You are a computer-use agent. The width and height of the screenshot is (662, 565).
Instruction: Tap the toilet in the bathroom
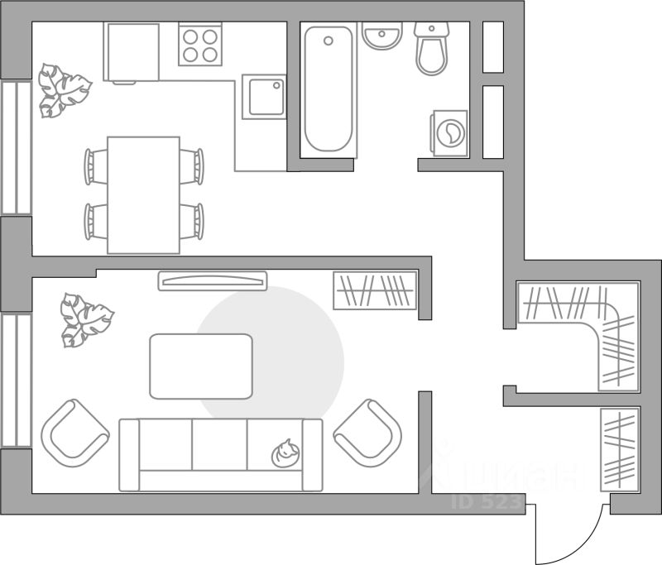pos(431,50)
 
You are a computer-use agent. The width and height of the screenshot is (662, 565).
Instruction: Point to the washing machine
pos(449,132)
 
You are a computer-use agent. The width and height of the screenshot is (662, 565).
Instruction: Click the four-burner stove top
pos(200,45)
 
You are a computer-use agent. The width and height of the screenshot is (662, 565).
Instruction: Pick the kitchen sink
pos(264,96)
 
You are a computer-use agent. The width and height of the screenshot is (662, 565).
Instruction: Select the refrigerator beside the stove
pos(131,52)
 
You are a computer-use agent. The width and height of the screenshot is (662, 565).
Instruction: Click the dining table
pos(144,194)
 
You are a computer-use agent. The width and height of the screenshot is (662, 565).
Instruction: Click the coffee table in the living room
pos(201,366)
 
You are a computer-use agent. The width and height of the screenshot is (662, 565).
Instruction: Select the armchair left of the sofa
pos(74,432)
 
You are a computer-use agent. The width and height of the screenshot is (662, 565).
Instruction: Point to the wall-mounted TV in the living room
pos(213,281)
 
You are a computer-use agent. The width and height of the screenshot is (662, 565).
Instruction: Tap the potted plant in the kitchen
pos(61,89)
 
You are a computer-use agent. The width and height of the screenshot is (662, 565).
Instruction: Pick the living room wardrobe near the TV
pos(375,290)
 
